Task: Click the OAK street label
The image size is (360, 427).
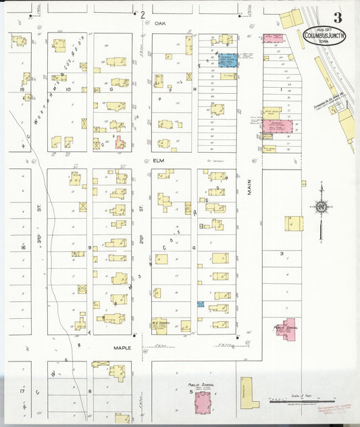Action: pos(159,23)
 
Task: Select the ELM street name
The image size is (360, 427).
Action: pos(159,161)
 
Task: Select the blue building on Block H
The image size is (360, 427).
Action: pos(227,59)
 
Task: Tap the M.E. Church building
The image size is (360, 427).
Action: pos(161,326)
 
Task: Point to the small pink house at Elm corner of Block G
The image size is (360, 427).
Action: pos(120,143)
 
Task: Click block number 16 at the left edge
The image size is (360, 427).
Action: pos(22,248)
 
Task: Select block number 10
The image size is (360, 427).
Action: pos(68,89)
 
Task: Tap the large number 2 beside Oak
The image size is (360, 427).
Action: pos(143,14)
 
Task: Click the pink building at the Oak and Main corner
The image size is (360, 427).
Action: pos(273,39)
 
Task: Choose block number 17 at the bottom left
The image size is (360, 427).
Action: pos(22,391)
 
